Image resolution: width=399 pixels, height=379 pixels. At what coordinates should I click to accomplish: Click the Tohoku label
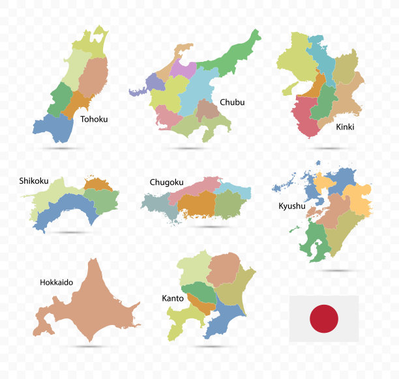94,119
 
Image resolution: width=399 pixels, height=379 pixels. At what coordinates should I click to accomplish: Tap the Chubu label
232,102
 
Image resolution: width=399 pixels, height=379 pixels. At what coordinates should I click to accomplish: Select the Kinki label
345,127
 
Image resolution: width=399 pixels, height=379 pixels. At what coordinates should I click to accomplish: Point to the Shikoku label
35,180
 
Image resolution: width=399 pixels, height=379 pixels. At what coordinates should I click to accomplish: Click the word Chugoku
166,182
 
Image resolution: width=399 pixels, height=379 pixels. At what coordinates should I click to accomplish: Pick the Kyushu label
291,206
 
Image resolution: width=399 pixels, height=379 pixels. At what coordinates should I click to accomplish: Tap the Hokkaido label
56,283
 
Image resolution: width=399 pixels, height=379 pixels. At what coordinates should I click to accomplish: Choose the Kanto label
172,298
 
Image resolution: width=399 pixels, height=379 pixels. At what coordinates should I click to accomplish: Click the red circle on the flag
324,318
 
